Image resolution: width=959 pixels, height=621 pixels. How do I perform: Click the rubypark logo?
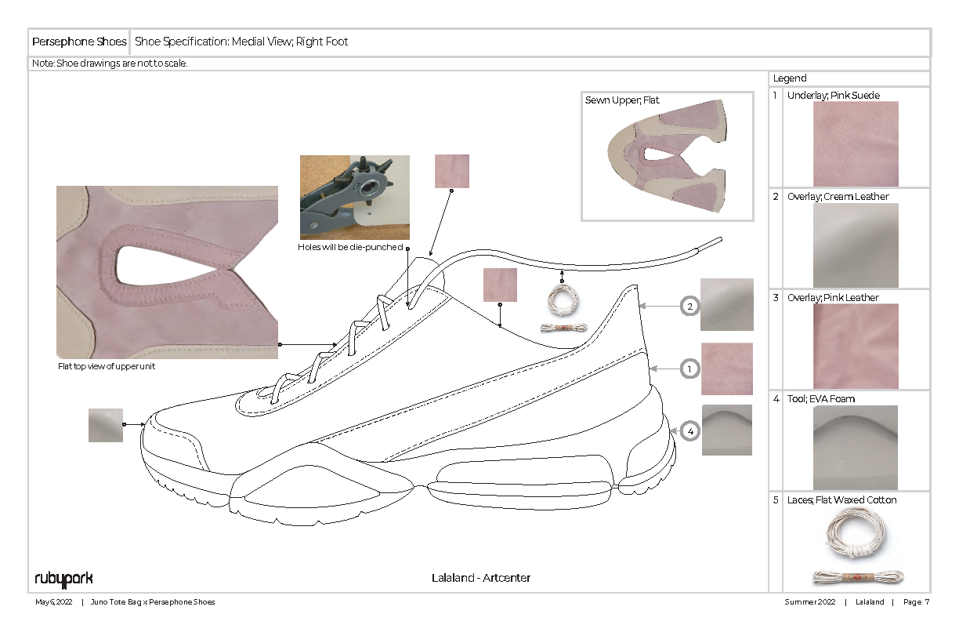pyautogui.click(x=63, y=579)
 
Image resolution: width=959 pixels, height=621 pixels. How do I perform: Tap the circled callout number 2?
pyautogui.click(x=689, y=307)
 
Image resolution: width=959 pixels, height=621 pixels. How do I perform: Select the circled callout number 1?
pyautogui.click(x=689, y=368)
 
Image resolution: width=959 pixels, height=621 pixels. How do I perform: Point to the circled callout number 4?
pyautogui.click(x=689, y=430)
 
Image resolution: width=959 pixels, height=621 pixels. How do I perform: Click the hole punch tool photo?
pyautogui.click(x=354, y=197)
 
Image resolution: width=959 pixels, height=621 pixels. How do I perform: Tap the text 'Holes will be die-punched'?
pyautogui.click(x=349, y=247)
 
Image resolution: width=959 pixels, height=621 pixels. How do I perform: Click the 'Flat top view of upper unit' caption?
pyautogui.click(x=107, y=366)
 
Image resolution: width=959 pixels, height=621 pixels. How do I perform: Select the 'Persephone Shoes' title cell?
pyautogui.click(x=78, y=42)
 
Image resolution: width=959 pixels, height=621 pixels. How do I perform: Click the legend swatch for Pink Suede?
pyautogui.click(x=856, y=143)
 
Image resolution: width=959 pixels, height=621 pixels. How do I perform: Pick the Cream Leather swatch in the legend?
pyautogui.click(x=856, y=245)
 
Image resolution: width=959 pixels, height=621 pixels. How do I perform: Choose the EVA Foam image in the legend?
pyautogui.click(x=856, y=447)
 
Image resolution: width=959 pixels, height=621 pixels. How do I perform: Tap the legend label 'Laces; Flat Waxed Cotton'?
pyautogui.click(x=842, y=500)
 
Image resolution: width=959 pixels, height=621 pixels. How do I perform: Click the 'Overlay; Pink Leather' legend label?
pyautogui.click(x=833, y=298)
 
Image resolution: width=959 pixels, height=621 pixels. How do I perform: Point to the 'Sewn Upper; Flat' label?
pyautogui.click(x=622, y=100)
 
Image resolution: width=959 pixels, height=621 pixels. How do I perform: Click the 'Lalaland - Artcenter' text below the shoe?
pyautogui.click(x=481, y=578)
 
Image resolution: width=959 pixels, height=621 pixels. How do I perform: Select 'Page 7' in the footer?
pyautogui.click(x=916, y=602)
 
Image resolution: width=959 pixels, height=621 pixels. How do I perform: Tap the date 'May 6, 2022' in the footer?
pyautogui.click(x=54, y=602)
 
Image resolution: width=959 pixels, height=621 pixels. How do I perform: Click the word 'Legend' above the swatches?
pyautogui.click(x=790, y=78)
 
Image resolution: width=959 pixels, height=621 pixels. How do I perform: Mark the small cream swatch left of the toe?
pyautogui.click(x=106, y=425)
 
